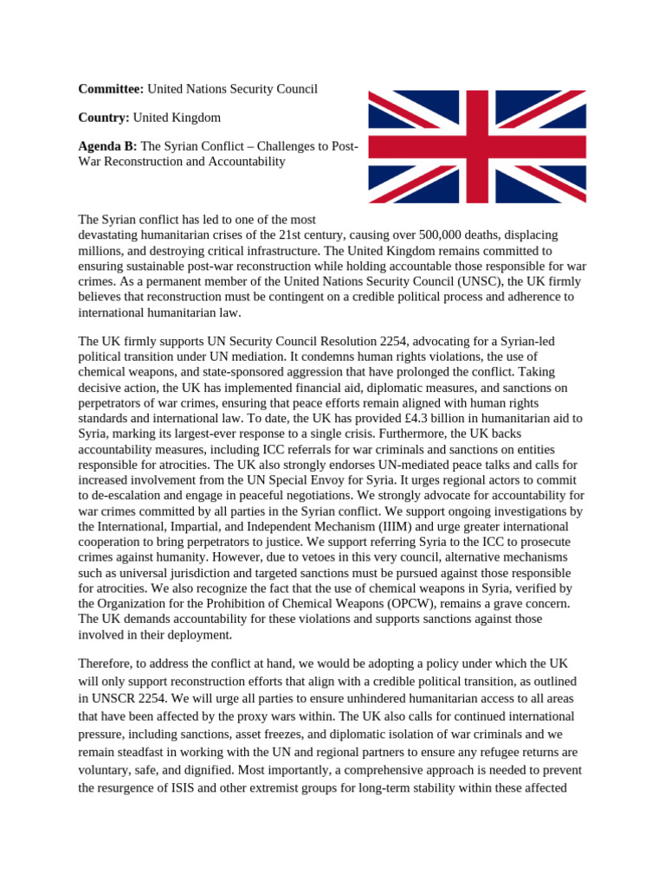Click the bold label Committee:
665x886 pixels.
[111, 89]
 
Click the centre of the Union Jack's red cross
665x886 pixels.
[477, 146]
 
